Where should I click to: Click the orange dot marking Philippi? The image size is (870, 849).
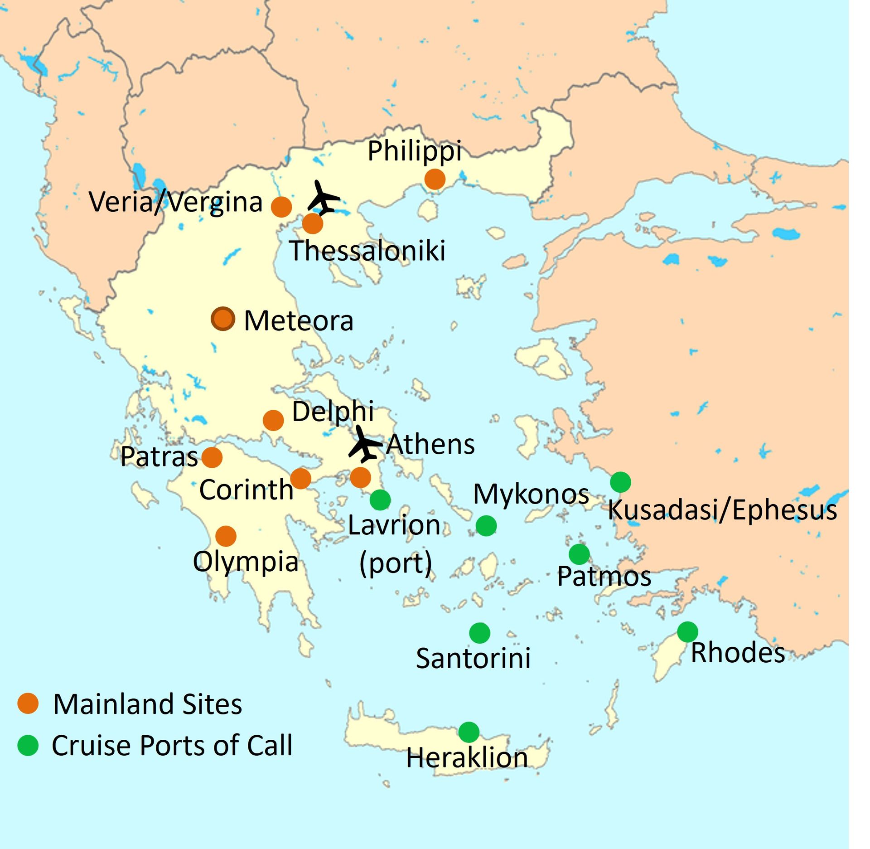click(x=435, y=180)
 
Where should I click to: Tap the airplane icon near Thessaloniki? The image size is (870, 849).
click(x=323, y=198)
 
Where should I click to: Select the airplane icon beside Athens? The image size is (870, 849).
click(x=364, y=444)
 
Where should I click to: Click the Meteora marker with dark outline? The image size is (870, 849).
click(x=223, y=319)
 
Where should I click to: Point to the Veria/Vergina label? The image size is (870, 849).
click(x=176, y=202)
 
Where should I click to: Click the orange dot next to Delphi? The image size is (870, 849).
click(x=273, y=420)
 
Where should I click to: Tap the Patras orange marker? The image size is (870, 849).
click(x=212, y=457)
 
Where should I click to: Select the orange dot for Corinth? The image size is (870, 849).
click(x=300, y=478)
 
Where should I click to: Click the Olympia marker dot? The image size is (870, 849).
click(x=226, y=536)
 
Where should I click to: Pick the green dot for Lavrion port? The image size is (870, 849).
click(x=380, y=500)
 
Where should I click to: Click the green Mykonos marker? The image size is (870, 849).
click(x=486, y=526)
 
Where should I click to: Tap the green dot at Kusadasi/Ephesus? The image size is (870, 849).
click(x=620, y=482)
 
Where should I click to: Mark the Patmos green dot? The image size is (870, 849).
click(x=579, y=554)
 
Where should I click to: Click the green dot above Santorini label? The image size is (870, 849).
click(x=480, y=633)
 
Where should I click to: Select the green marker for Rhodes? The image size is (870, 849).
click(x=687, y=632)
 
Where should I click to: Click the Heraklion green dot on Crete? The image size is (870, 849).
click(x=469, y=732)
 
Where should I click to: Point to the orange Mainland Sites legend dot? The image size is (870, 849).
click(x=28, y=703)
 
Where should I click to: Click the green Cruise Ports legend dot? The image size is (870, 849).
click(x=28, y=745)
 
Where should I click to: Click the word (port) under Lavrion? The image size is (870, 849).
click(x=396, y=563)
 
